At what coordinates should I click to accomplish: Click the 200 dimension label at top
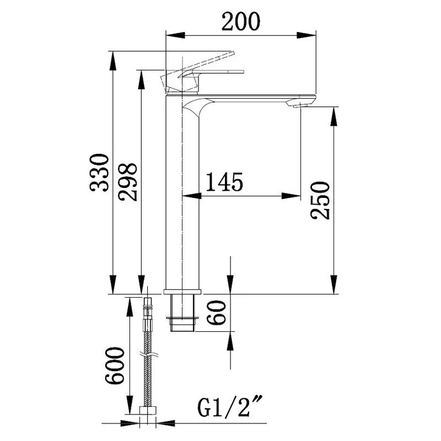coord(241,21)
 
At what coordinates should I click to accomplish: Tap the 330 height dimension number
coord(99,173)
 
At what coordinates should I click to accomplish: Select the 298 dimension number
coord(128,182)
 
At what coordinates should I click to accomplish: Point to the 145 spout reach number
coord(224,182)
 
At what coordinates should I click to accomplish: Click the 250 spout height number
coord(320,200)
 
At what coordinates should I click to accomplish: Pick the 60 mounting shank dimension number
coord(217,313)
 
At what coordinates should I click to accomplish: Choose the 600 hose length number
coord(115,365)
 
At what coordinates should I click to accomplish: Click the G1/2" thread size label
coord(230,406)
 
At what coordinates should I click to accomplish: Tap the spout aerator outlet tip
coord(301,105)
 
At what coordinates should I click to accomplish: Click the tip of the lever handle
coord(232,53)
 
